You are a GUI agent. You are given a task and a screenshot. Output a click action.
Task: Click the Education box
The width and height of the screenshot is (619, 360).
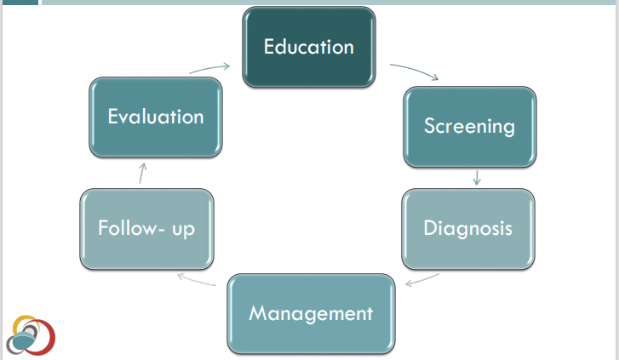point(308,47)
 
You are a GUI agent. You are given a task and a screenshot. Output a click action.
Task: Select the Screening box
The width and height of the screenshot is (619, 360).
point(469,126)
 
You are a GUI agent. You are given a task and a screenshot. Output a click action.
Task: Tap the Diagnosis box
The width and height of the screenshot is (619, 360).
point(467,228)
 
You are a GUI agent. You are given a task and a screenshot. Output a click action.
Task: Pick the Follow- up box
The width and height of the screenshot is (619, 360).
point(146,228)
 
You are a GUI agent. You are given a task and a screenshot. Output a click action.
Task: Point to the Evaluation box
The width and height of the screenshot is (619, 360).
point(156,117)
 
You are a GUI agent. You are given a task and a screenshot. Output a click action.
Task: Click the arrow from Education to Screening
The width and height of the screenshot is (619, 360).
point(415,71)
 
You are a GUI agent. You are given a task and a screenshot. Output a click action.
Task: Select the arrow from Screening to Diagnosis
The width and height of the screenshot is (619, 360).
point(477,177)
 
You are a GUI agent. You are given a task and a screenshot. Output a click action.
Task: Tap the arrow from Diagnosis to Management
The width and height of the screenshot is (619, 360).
point(422,280)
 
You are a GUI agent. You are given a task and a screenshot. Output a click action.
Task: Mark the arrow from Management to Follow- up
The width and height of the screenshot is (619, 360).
point(196,280)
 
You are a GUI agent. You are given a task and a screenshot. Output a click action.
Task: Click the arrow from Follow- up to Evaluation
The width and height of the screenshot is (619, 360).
point(142,174)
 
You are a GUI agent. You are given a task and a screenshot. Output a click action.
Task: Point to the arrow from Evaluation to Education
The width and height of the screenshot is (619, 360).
point(210,67)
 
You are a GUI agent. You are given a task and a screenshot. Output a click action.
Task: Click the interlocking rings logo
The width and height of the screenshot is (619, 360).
point(31,335)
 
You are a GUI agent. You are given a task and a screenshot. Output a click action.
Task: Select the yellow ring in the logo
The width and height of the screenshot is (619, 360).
point(26,325)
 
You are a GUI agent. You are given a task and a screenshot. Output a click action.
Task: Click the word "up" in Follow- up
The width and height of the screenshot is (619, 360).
point(182,229)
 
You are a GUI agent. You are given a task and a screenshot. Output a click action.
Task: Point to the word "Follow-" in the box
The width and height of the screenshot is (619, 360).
point(129,228)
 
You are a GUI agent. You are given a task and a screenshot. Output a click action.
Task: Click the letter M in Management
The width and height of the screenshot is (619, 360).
point(258,313)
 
